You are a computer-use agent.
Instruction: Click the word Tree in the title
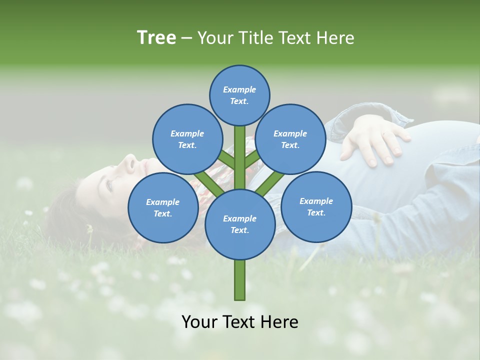click(x=156, y=37)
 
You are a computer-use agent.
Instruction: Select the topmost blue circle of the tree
click(x=239, y=95)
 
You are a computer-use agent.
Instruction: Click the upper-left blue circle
click(x=187, y=139)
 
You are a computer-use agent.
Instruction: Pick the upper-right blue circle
click(x=290, y=139)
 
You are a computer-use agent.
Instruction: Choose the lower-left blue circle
click(x=163, y=207)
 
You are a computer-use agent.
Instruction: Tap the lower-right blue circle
click(x=316, y=206)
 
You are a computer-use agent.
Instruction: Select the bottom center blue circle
click(x=240, y=224)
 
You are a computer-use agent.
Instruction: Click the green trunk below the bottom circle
click(x=240, y=280)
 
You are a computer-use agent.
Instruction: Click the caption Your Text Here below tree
click(x=239, y=322)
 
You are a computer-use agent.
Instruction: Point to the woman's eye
click(x=108, y=184)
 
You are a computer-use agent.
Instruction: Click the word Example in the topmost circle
click(x=239, y=89)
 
